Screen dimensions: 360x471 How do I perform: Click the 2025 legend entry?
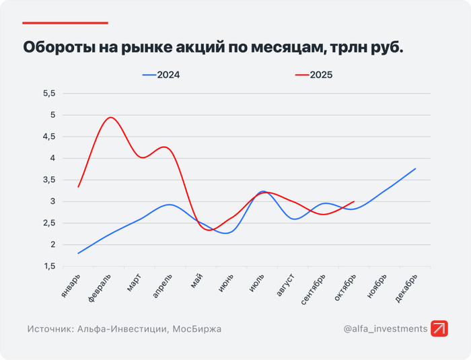[314, 75]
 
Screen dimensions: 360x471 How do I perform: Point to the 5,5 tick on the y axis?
[50, 94]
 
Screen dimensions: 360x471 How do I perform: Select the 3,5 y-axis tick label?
[50, 180]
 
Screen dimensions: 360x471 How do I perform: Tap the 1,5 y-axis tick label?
[50, 266]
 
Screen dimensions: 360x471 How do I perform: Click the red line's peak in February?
[110, 118]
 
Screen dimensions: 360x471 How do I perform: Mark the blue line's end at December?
[416, 168]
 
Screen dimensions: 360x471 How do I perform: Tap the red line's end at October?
[354, 201]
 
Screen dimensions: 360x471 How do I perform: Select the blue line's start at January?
[79, 254]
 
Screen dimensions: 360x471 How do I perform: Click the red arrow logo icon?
[440, 329]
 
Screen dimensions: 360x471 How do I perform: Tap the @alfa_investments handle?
[385, 329]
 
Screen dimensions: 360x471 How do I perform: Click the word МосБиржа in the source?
[196, 329]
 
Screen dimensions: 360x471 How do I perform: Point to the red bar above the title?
[65, 23]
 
